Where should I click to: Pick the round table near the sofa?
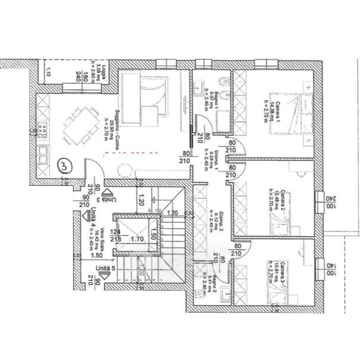(128, 171)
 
